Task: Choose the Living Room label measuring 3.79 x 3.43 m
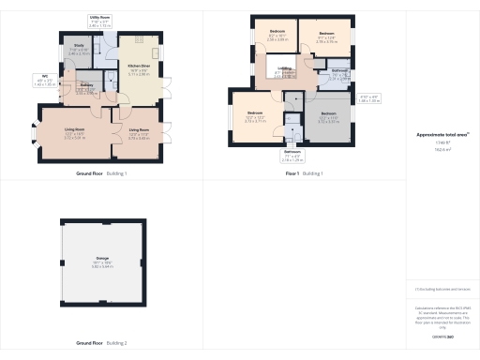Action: coord(139,131)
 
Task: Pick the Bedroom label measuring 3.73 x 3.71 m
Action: coord(256,117)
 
